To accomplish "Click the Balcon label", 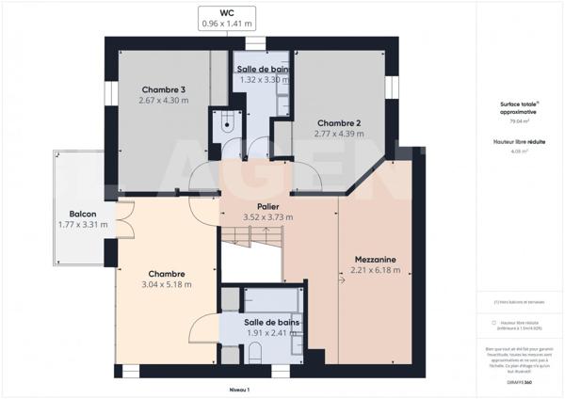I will pyautogui.click(x=82, y=214).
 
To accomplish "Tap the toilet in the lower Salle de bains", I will pyautogui.click(x=255, y=356).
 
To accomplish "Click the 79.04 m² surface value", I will pyautogui.click(x=519, y=121).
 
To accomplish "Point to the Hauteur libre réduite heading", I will pyautogui.click(x=519, y=140).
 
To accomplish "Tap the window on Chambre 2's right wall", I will pyautogui.click(x=387, y=87).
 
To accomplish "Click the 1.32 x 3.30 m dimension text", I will pyautogui.click(x=264, y=80).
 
